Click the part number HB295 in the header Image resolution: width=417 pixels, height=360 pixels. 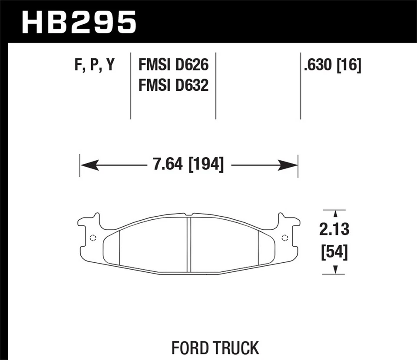(79, 23)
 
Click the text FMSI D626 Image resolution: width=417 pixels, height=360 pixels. (173, 66)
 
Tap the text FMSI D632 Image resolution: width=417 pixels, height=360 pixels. (173, 85)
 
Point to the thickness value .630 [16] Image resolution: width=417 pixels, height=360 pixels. (332, 66)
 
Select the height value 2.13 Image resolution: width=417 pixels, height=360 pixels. (334, 229)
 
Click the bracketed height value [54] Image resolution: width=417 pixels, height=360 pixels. (334, 252)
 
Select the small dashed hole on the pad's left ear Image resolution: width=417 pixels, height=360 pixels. (92, 237)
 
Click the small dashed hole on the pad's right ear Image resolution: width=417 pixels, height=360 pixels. (285, 237)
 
